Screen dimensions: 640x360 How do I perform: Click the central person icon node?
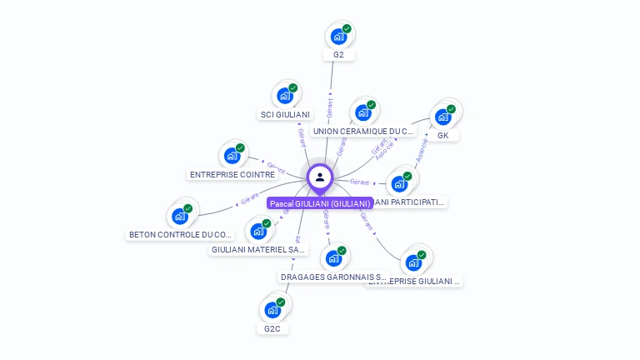pyautogui.click(x=320, y=177)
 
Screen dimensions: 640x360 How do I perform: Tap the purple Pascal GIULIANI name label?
pyautogui.click(x=320, y=203)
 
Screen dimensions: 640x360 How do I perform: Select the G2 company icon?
pyautogui.click(x=338, y=36)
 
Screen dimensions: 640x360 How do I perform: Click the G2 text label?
pyautogui.click(x=338, y=55)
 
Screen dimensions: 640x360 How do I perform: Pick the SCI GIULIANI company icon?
pyautogui.click(x=285, y=95)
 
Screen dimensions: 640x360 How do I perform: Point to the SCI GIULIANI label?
pyautogui.click(x=285, y=114)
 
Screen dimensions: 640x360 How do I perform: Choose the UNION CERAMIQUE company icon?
pyautogui.click(x=362, y=112)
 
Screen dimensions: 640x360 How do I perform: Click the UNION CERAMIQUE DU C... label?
pyautogui.click(x=363, y=132)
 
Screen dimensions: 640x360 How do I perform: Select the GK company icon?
pyautogui.click(x=442, y=117)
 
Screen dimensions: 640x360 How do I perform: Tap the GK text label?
pyautogui.click(x=442, y=135)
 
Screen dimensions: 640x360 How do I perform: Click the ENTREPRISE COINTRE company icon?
pyautogui.click(x=232, y=155)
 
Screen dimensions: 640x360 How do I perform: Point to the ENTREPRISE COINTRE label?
pyautogui.click(x=232, y=175)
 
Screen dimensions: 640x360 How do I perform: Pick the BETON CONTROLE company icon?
pyautogui.click(x=180, y=216)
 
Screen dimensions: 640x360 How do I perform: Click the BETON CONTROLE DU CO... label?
pyautogui.click(x=181, y=235)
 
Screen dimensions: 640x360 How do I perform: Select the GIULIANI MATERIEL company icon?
pyautogui.click(x=258, y=231)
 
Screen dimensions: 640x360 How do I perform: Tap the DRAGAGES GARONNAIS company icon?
pyautogui.click(x=333, y=257)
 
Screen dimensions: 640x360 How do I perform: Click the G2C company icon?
pyautogui.click(x=272, y=309)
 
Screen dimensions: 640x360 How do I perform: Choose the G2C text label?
pyautogui.click(x=272, y=328)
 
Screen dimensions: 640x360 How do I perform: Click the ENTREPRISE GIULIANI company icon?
pyautogui.click(x=413, y=262)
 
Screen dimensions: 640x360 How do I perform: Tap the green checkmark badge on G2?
pyautogui.click(x=347, y=28)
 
